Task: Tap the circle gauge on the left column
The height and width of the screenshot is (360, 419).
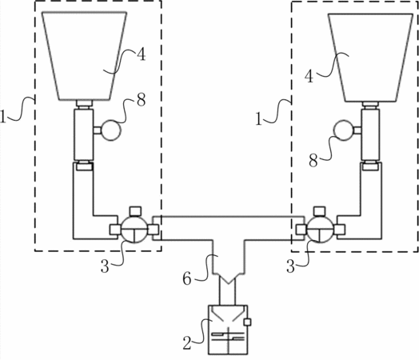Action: point(111,130)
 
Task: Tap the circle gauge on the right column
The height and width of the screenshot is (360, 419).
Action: point(344,130)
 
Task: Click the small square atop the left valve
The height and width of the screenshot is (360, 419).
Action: point(135,211)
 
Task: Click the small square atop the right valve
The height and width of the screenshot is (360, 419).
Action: point(320,211)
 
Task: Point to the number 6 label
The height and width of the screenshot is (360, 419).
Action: point(187,278)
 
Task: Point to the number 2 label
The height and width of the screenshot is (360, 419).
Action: point(187,343)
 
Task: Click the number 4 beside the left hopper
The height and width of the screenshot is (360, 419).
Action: point(141,54)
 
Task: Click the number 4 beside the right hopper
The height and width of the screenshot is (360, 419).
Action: point(309,77)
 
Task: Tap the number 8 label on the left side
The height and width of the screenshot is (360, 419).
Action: point(141,100)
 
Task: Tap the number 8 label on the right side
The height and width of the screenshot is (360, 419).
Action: point(313,161)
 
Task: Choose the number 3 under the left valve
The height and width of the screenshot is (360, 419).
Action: point(105,266)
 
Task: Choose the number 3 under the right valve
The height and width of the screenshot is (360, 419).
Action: point(290,266)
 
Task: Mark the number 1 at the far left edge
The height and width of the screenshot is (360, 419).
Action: point(2,117)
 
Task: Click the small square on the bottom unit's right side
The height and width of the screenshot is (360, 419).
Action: point(247,322)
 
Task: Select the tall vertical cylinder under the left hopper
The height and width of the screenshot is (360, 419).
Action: point(84,134)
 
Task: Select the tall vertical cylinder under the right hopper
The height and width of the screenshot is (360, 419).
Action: point(370,135)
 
